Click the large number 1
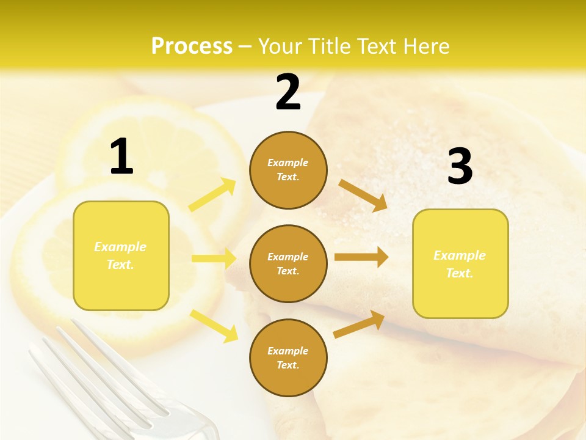tap(121, 156)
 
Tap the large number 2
tap(288, 92)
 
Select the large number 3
tap(460, 166)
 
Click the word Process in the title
tap(192, 46)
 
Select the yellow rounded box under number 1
tap(121, 255)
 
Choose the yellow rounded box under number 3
tap(460, 263)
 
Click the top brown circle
tap(288, 170)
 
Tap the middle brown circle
tap(288, 263)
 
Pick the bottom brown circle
tap(288, 358)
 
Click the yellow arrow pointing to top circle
tap(212, 195)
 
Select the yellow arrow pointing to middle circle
tap(214, 258)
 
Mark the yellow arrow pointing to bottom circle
tap(214, 326)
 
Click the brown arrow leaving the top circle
tap(363, 195)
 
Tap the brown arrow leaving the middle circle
tap(361, 257)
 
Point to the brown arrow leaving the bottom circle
tap(359, 324)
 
